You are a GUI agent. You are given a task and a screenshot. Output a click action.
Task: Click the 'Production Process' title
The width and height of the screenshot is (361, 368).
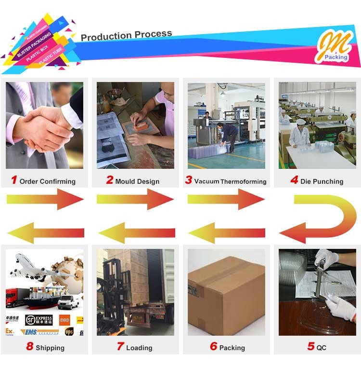126,35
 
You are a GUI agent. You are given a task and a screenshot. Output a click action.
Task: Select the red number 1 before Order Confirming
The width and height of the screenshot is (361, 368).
13,180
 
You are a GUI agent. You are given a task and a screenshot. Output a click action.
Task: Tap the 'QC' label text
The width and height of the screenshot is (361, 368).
322,347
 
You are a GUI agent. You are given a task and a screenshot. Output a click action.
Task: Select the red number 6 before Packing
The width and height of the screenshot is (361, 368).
213,346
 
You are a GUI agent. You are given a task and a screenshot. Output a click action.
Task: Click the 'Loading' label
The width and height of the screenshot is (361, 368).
139,348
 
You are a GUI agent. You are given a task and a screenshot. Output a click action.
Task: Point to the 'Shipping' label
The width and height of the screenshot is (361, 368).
50,348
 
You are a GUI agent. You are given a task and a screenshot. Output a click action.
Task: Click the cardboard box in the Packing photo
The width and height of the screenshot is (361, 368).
226,294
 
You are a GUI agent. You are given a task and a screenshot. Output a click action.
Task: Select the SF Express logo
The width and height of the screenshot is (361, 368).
39,320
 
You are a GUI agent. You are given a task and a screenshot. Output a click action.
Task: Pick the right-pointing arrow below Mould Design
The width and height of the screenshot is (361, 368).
135,199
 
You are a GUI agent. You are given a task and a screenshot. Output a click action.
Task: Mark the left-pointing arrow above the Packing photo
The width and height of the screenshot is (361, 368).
226,233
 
